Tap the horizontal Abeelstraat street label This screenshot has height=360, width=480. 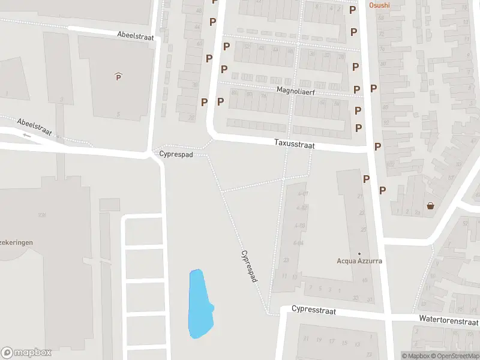136,37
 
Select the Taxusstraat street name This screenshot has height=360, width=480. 294,145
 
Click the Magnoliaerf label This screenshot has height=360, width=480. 296,91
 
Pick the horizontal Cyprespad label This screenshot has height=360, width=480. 176,154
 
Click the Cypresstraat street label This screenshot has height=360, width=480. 314,310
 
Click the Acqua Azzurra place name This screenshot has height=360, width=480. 359,261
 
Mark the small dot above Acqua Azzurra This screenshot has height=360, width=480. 359,253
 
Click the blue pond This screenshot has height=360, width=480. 200,303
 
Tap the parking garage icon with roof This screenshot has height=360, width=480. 118,76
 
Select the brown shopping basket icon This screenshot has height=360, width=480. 430,206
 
